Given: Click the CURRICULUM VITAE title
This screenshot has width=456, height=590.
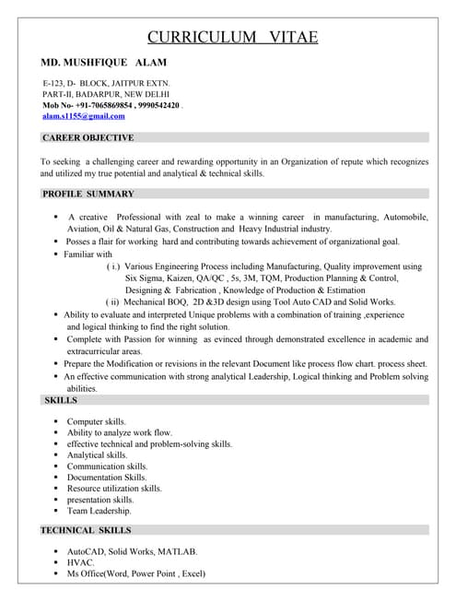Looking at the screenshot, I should tap(233, 37).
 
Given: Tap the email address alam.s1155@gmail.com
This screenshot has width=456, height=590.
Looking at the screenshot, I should tap(84, 116).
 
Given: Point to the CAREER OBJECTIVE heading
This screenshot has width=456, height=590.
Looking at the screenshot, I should tap(88, 137).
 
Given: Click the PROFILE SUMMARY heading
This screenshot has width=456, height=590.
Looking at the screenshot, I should tap(88, 194).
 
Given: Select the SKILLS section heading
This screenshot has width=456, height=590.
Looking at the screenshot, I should tap(61, 400).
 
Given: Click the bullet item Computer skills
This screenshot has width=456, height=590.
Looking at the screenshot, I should tap(97, 421).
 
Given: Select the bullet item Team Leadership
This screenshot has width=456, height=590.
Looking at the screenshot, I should tap(99, 510).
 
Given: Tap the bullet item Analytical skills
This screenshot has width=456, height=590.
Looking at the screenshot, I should tap(97, 454).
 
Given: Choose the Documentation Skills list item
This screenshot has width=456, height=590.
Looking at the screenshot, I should tap(107, 477).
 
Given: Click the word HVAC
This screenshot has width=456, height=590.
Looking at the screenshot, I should tap(81, 561).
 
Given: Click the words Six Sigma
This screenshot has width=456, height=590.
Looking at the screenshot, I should tap(146, 277).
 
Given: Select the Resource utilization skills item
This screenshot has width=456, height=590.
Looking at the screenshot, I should tap(114, 488).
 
